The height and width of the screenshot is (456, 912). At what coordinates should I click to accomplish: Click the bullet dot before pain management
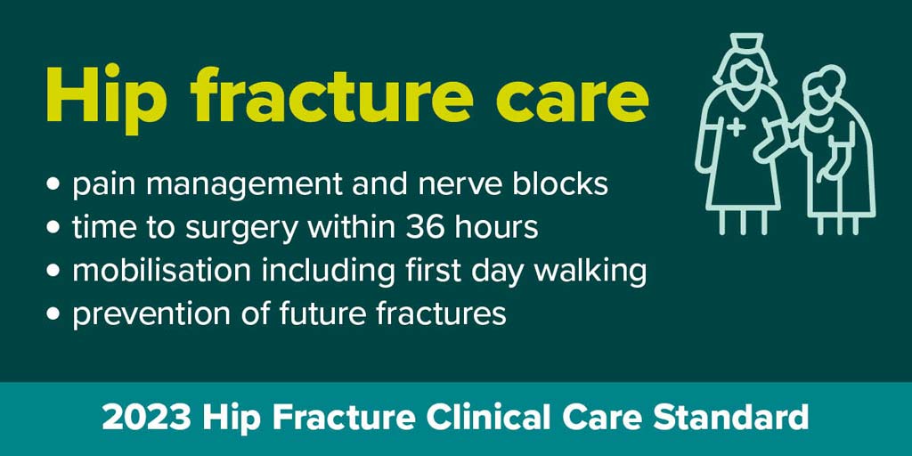(x=53, y=185)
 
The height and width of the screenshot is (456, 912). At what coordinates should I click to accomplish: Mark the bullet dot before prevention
(x=53, y=315)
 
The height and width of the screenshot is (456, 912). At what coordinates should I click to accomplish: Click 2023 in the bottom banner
(x=145, y=419)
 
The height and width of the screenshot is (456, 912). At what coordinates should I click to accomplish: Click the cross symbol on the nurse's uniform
(x=737, y=126)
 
